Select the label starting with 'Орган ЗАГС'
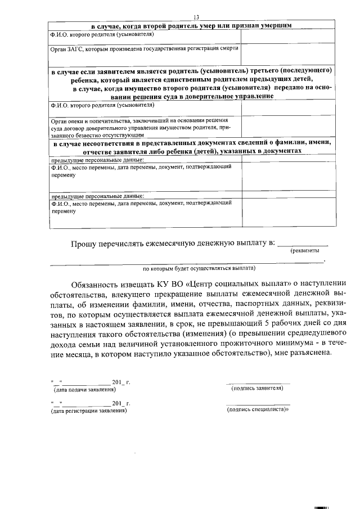[x=143, y=48]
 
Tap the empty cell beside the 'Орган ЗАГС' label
[x=287, y=55]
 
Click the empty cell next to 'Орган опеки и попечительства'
[x=287, y=127]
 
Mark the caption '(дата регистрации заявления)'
[x=88, y=411]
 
